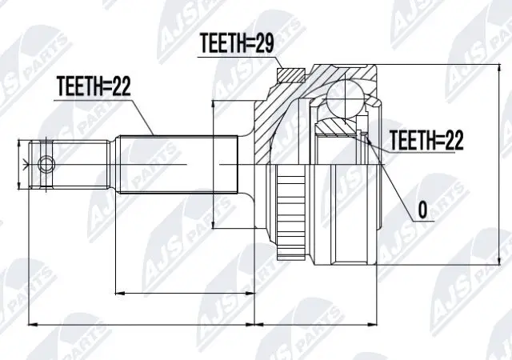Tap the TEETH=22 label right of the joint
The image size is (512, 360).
pyautogui.click(x=426, y=140)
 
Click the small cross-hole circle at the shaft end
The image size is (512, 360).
pyautogui.click(x=47, y=166)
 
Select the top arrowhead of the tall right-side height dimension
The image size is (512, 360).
pyautogui.click(x=500, y=69)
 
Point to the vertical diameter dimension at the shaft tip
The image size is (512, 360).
pyautogui.click(x=21, y=165)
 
